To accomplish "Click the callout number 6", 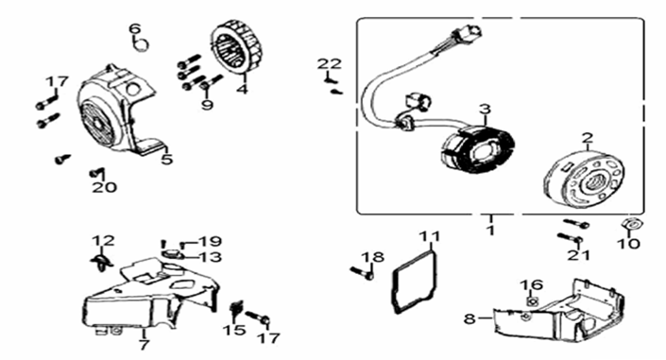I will click(134, 27).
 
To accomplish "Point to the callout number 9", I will click(207, 104).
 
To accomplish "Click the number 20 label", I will click(104, 187).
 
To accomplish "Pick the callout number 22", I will click(328, 63).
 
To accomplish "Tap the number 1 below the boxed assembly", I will click(490, 230).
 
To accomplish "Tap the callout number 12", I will click(103, 240).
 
